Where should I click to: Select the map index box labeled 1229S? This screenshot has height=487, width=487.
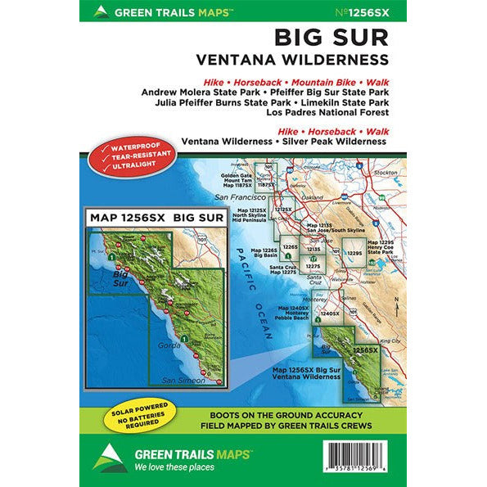coord(354,255)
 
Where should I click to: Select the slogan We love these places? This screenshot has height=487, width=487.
coord(165,467)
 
